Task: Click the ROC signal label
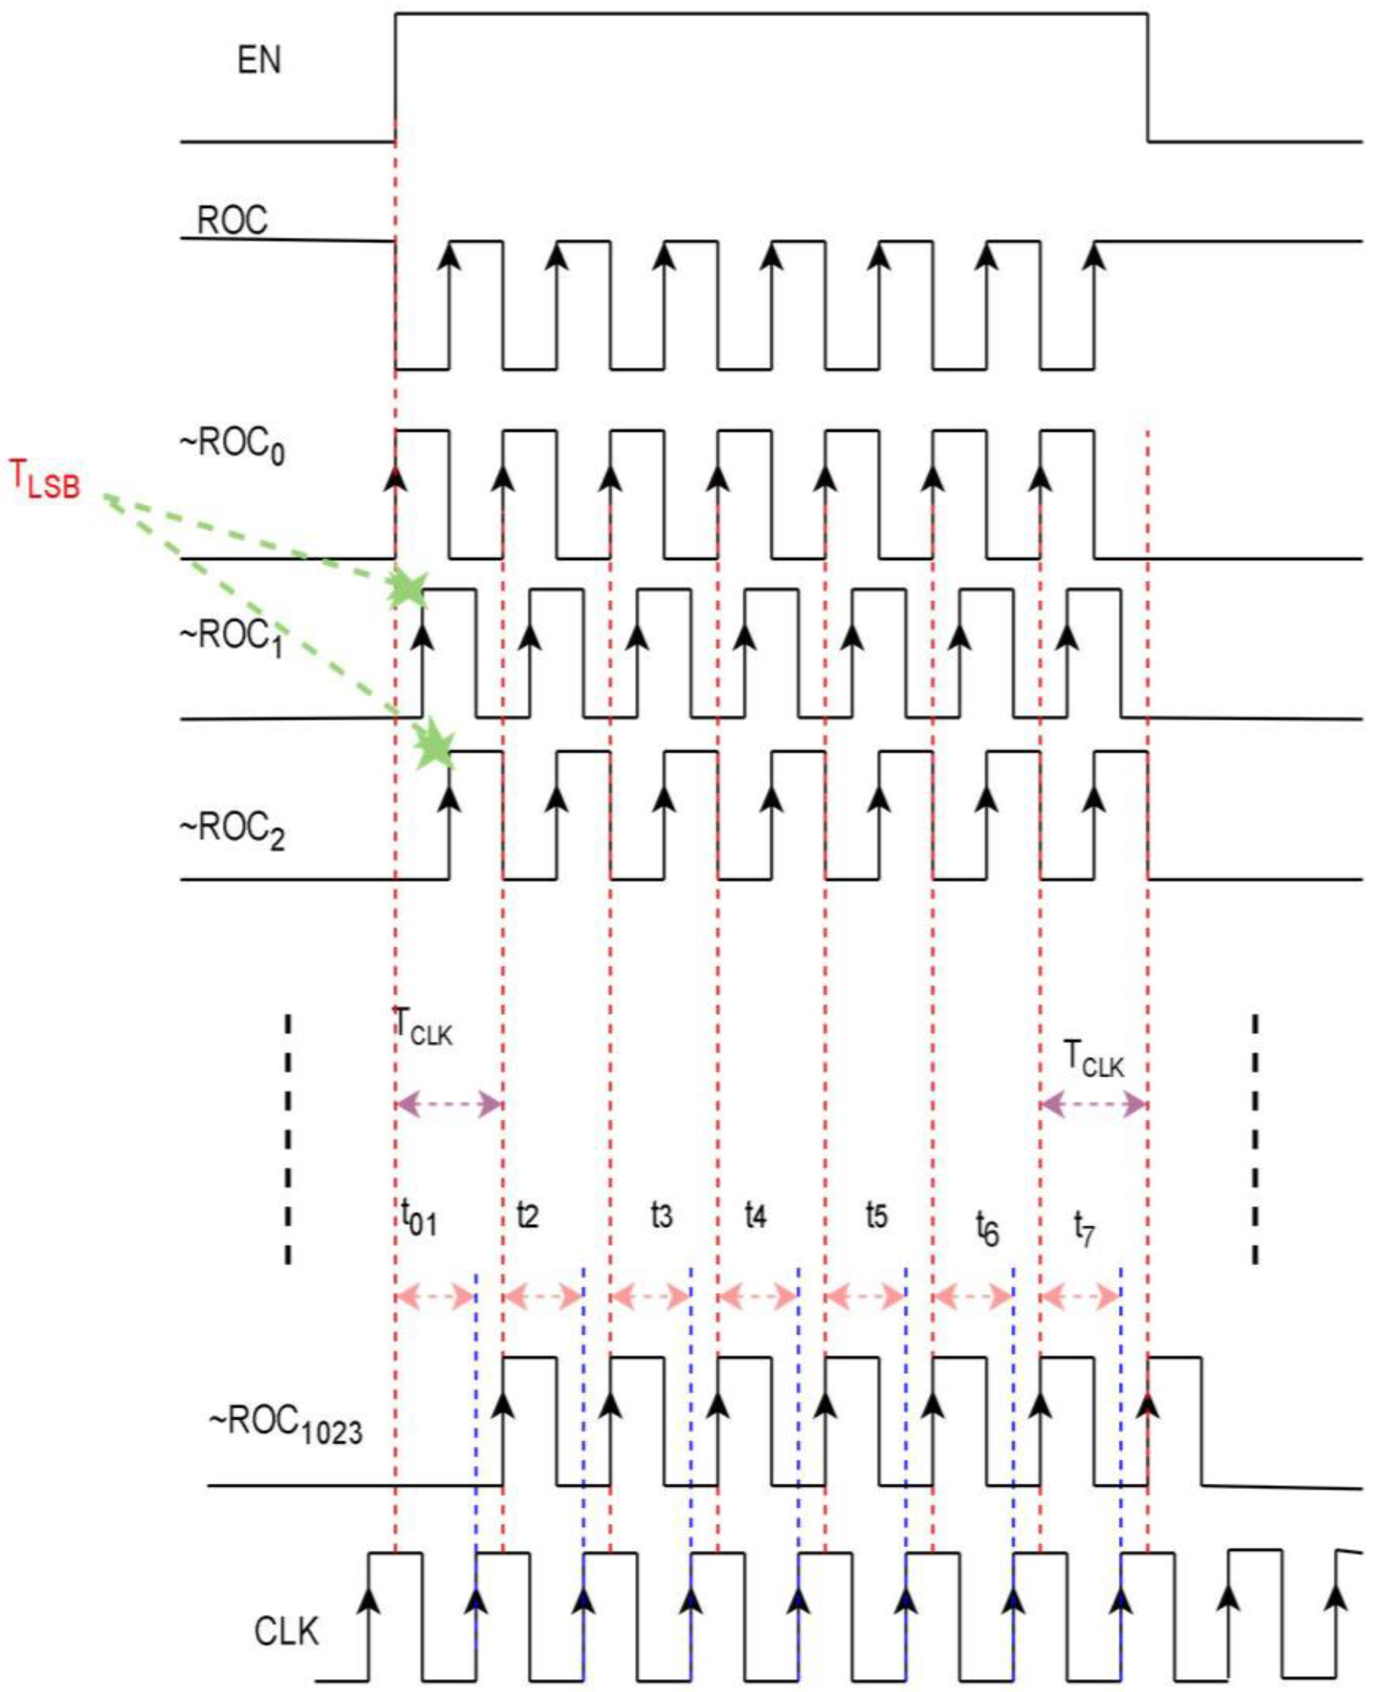[x=232, y=221]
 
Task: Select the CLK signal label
[x=286, y=1632]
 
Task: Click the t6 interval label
[x=987, y=1228]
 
